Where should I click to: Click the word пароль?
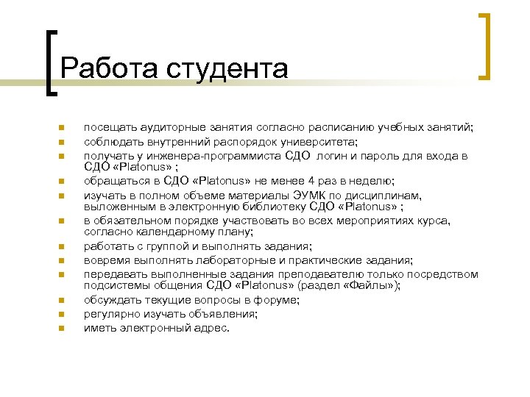point(383,156)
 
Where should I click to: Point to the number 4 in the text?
point(312,181)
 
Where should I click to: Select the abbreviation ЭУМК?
point(310,195)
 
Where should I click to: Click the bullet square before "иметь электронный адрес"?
point(64,328)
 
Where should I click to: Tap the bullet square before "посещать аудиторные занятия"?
point(64,128)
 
